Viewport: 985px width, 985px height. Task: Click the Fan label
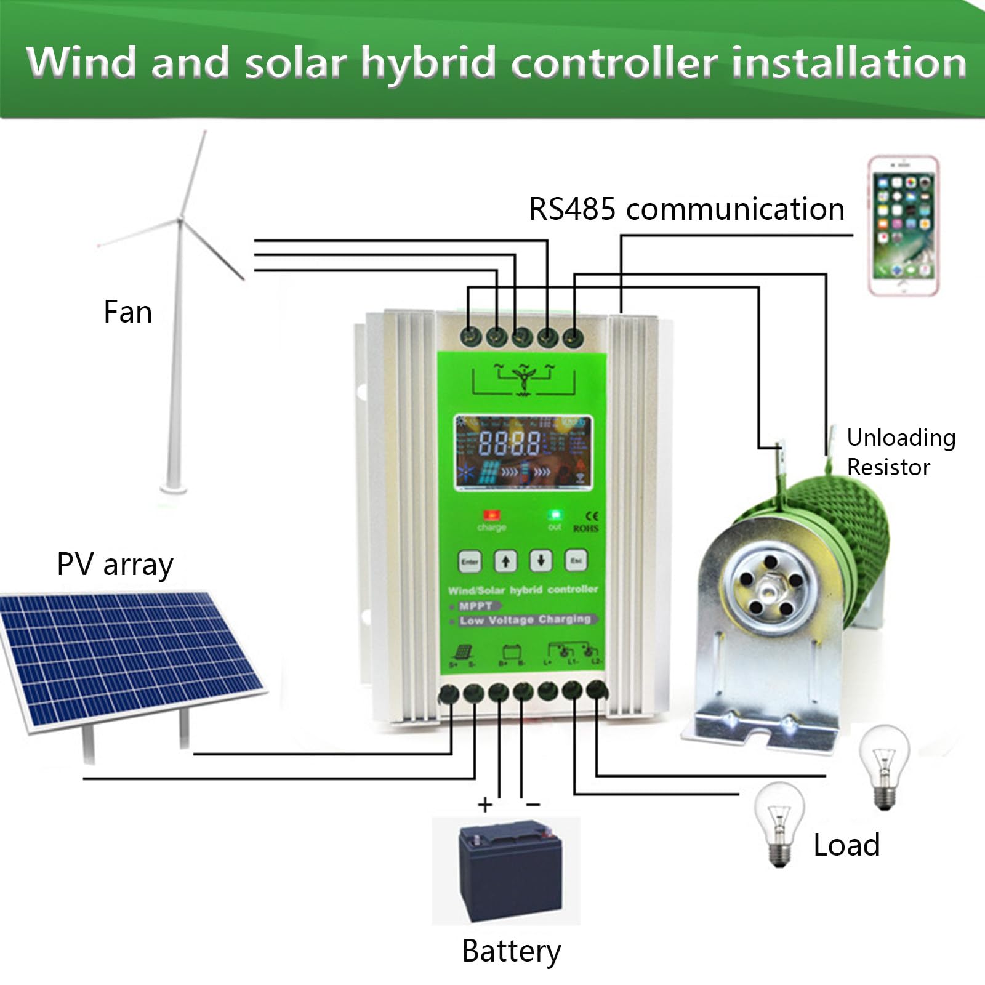click(127, 312)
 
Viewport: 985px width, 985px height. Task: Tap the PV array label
click(115, 565)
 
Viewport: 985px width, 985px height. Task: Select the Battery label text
click(511, 951)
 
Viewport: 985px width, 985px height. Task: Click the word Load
click(846, 845)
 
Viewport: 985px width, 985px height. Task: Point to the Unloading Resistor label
click(900, 452)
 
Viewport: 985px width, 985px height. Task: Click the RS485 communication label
click(686, 209)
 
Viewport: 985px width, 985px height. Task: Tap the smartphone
click(903, 226)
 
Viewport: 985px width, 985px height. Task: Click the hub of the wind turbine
click(180, 220)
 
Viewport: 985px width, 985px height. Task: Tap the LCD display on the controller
click(523, 453)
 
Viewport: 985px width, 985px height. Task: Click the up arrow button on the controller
click(505, 561)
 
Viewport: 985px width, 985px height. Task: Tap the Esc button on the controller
click(576, 561)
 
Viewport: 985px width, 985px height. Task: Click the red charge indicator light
click(492, 515)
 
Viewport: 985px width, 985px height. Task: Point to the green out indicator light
click(555, 515)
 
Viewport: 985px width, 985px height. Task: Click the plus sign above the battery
click(485, 804)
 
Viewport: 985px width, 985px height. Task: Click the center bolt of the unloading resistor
click(768, 592)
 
